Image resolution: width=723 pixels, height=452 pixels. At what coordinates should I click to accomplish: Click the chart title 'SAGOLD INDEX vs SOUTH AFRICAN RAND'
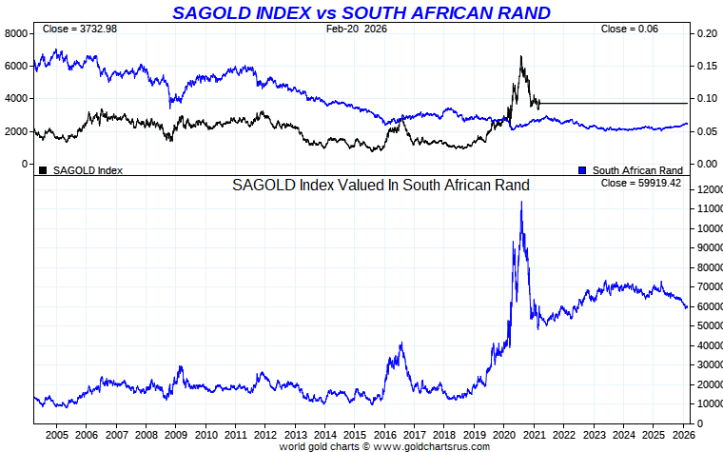(x=361, y=12)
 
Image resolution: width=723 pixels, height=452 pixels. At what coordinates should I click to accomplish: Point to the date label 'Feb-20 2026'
(x=356, y=29)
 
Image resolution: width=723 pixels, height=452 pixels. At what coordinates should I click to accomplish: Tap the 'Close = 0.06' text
(x=629, y=29)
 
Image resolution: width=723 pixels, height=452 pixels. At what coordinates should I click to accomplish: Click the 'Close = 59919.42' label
(x=641, y=182)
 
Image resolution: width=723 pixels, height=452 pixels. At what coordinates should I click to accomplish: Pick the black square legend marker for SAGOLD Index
(x=43, y=170)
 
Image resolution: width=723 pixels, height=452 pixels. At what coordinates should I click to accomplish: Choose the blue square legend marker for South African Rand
(x=582, y=170)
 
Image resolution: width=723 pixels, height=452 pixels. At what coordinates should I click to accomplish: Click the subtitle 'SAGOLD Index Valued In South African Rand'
(x=381, y=185)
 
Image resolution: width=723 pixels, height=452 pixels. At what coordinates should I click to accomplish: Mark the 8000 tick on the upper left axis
(x=17, y=33)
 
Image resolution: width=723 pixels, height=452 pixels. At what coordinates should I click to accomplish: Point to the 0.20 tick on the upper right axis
(x=705, y=33)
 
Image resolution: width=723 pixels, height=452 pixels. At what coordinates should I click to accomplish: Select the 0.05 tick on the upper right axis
(x=705, y=131)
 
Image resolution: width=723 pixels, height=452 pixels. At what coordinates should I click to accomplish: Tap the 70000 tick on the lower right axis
(x=710, y=286)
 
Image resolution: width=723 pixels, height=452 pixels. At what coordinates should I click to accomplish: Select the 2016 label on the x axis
(x=383, y=435)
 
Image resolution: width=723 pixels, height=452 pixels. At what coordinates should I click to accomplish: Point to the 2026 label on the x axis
(x=681, y=435)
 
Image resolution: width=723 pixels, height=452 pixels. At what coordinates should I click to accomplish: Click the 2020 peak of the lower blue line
(x=520, y=202)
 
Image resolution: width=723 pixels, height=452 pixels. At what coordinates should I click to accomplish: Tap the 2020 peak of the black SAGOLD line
(x=520, y=56)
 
